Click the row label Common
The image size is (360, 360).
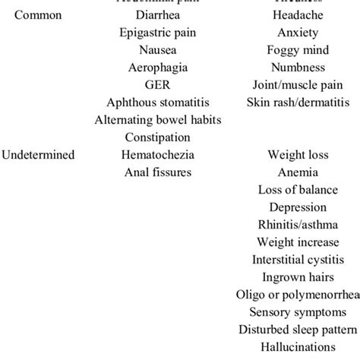(39, 15)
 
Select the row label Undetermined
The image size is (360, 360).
(38, 155)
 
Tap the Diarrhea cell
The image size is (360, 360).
(158, 15)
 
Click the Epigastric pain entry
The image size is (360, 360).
(158, 33)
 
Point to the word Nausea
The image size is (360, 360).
(158, 50)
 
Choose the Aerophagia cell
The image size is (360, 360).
(158, 68)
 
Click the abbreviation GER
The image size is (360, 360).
(158, 85)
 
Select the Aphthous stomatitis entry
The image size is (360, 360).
(158, 103)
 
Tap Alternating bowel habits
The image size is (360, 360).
(158, 120)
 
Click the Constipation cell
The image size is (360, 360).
(158, 137)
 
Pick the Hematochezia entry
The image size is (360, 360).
(158, 155)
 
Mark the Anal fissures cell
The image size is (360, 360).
(158, 172)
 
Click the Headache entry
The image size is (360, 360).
(298, 15)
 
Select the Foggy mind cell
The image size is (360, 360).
(298, 50)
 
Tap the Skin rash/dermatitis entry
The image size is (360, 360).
(298, 103)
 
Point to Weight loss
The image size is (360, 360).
(298, 155)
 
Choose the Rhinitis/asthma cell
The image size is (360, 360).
(298, 225)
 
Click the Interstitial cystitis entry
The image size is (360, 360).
(298, 260)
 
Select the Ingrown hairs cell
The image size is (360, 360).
(298, 277)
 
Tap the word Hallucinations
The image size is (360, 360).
(298, 347)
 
